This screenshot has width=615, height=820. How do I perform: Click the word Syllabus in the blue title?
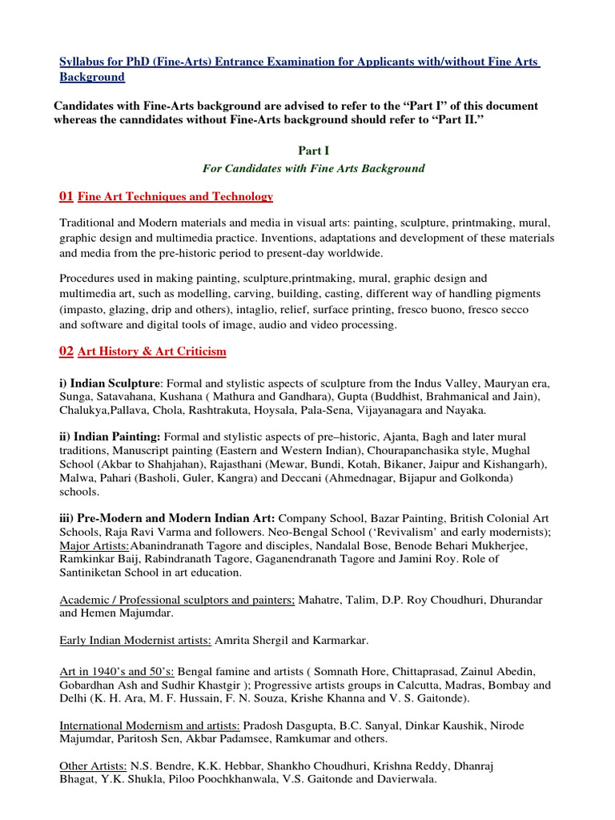click(82, 62)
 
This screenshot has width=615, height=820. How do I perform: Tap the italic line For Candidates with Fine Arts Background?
click(313, 168)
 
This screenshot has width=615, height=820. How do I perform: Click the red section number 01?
click(66, 196)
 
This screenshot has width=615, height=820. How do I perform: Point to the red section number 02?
click(66, 351)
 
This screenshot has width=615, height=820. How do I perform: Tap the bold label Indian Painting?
click(118, 436)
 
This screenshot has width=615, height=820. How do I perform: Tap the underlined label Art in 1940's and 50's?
click(117, 671)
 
